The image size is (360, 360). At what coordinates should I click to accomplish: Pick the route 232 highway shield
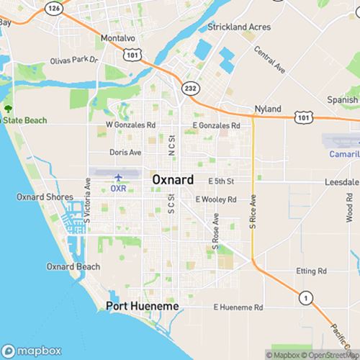click(x=190, y=87)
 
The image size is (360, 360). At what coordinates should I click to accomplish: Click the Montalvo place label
click(x=119, y=37)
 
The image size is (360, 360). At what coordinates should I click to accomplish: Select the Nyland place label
click(x=267, y=109)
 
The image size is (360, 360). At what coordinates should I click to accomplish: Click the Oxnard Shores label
click(x=40, y=197)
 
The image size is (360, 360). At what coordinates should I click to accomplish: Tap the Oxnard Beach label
click(x=73, y=266)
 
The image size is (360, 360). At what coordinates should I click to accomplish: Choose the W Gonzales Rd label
click(x=131, y=125)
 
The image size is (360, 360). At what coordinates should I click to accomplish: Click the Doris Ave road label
click(x=125, y=153)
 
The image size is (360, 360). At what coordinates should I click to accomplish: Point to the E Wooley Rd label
click(x=216, y=199)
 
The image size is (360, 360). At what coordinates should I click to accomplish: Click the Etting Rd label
click(x=312, y=271)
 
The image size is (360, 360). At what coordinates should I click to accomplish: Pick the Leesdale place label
click(x=341, y=181)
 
